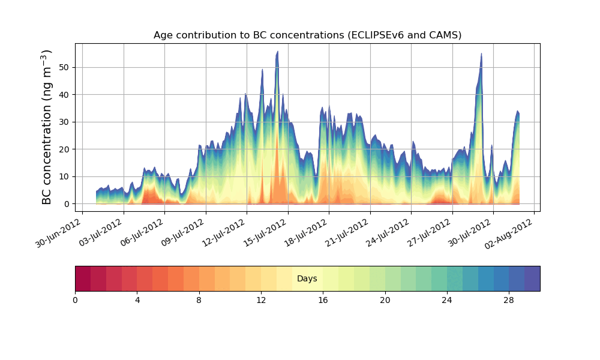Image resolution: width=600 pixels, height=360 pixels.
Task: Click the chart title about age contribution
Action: pyautogui.click(x=307, y=35)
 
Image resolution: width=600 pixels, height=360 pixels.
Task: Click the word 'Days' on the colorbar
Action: pyautogui.click(x=307, y=279)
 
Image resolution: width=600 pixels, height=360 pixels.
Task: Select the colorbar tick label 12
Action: pyautogui.click(x=261, y=299)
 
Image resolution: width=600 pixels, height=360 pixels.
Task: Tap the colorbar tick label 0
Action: pyautogui.click(x=75, y=299)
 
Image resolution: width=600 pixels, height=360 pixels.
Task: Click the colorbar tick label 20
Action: pyautogui.click(x=385, y=299)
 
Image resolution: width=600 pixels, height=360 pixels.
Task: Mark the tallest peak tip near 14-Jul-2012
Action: pyautogui.click(x=277, y=52)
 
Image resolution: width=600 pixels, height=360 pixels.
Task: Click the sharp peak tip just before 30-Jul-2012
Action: pyautogui.click(x=481, y=53)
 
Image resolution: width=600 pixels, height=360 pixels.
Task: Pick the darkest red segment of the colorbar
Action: pyautogui.click(x=83, y=278)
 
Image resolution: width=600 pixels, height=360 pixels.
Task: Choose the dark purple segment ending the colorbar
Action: pyautogui.click(x=532, y=278)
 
